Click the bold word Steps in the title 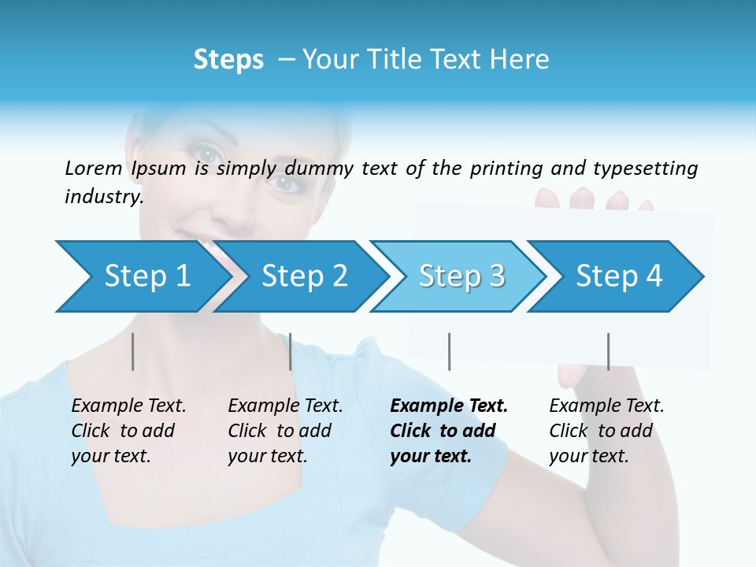(228, 59)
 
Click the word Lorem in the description (94, 168)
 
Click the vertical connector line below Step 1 (133, 351)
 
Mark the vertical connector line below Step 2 (291, 351)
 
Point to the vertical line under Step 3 (449, 351)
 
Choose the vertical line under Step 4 (608, 351)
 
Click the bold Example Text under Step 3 (449, 406)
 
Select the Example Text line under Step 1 (128, 406)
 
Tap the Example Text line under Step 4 (606, 406)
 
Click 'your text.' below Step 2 (267, 455)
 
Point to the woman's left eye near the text (288, 183)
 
